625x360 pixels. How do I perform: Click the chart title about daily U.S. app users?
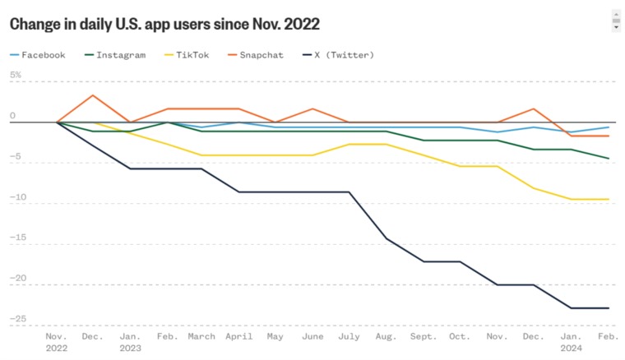pos(164,23)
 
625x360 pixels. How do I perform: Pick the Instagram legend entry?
pos(120,55)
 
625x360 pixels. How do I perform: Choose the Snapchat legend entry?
pos(261,55)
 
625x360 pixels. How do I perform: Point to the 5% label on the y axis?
pos(16,75)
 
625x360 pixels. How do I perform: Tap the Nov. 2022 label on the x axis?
pos(57,341)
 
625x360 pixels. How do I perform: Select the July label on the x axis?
pos(350,336)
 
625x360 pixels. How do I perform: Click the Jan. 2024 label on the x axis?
pos(570,341)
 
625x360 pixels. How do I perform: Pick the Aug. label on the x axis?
pos(386,336)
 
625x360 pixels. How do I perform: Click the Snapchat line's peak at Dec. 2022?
pos(92,95)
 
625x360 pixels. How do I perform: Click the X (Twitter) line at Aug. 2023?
pos(387,238)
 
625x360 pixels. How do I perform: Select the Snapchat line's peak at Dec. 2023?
pos(535,108)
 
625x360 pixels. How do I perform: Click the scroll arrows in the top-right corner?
pos(616,21)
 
